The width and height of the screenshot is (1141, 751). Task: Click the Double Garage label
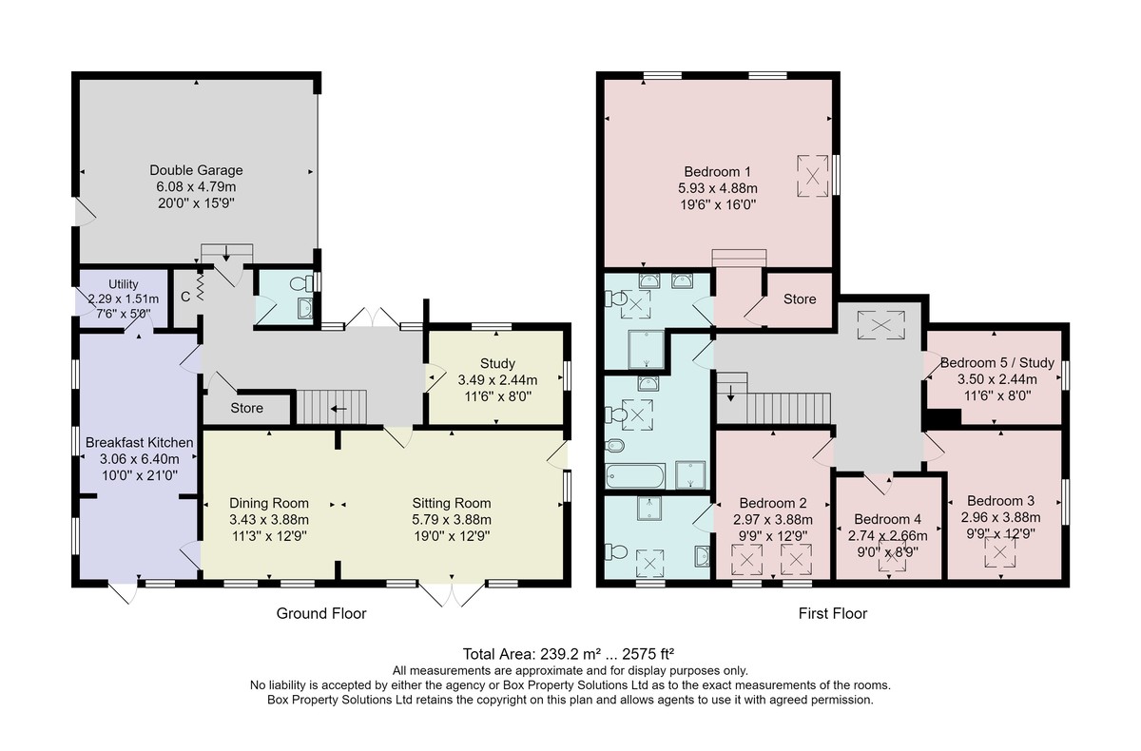click(196, 170)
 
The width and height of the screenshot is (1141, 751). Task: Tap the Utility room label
click(124, 284)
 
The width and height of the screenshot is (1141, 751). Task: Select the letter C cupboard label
click(185, 297)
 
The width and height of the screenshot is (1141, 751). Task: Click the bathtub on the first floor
click(635, 475)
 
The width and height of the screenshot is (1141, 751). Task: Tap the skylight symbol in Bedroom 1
click(812, 176)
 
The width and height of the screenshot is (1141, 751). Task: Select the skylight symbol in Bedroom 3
click(1000, 552)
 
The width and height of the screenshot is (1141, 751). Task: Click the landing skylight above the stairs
click(880, 324)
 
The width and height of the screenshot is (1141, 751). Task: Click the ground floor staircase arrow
click(339, 409)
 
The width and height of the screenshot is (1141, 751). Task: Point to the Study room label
click(497, 363)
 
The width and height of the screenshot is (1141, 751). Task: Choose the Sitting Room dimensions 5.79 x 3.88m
click(452, 520)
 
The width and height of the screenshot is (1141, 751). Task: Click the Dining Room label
click(269, 503)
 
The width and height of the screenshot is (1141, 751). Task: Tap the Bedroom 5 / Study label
click(996, 363)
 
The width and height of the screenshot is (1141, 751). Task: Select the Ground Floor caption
click(321, 613)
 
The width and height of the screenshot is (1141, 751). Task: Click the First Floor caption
click(833, 613)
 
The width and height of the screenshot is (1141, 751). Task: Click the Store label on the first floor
click(800, 298)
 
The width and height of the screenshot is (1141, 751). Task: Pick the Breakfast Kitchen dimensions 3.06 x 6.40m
click(139, 459)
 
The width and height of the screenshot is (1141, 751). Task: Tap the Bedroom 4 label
click(888, 519)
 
